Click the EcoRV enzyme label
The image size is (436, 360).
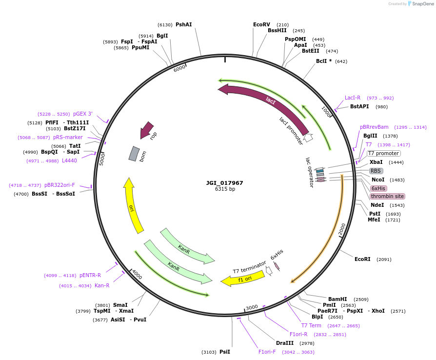click(x=261, y=24)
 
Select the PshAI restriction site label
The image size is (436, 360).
click(x=184, y=24)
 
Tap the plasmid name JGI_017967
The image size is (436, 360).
click(x=224, y=183)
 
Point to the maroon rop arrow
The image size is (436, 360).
click(x=146, y=130)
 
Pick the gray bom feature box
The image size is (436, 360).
click(x=134, y=154)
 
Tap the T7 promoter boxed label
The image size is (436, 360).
click(x=384, y=153)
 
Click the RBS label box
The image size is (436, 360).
click(x=376, y=171)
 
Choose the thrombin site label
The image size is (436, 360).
click(x=387, y=196)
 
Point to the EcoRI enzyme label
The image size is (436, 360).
click(x=362, y=259)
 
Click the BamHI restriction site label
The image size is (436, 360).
click(x=337, y=299)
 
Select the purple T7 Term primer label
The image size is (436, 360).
click(x=311, y=325)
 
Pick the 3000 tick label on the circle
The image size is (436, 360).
click(x=252, y=307)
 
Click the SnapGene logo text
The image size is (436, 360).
click(x=422, y=4)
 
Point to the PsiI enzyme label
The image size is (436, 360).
click(x=225, y=352)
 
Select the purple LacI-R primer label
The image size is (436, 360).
click(x=353, y=98)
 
